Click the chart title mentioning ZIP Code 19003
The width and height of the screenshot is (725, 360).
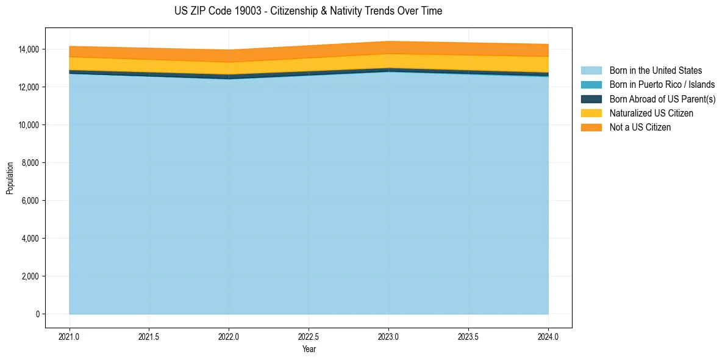308,11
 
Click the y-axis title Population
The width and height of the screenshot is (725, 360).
10,178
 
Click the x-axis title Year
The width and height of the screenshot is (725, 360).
309,349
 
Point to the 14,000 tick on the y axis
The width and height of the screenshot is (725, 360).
29,49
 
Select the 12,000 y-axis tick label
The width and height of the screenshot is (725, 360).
29,87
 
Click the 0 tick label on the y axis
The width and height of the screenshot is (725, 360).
37,314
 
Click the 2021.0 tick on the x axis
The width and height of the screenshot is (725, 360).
70,336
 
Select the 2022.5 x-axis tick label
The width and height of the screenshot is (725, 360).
309,336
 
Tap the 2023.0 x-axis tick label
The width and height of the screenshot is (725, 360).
388,336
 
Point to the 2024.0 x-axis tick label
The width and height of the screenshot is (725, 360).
548,336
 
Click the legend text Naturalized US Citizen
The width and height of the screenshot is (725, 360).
651,113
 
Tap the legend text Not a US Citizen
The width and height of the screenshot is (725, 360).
640,128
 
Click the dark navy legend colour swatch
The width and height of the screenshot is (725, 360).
591,99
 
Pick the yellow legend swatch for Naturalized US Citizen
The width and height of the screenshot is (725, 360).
591,113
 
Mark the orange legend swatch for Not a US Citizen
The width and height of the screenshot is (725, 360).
591,128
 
